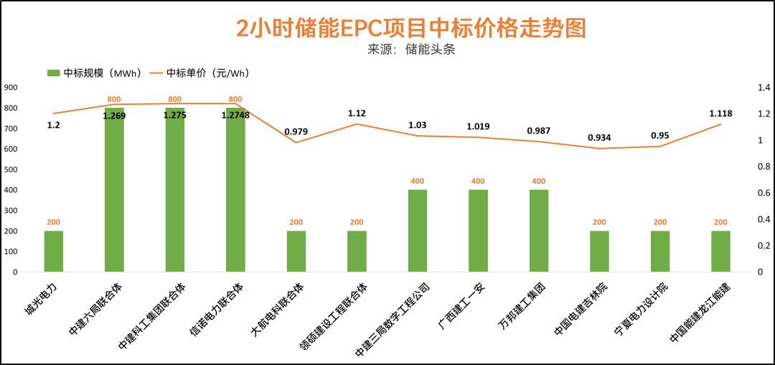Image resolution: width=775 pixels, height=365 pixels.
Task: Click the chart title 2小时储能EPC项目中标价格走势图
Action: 411,28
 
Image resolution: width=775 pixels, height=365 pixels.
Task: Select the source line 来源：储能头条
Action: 411,50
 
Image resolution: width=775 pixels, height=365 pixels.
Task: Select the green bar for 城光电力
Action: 54,251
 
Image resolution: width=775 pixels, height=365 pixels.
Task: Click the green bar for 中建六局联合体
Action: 114,190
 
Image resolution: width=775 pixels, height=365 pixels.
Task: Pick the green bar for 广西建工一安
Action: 478,231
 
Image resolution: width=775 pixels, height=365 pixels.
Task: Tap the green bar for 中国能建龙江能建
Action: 720,251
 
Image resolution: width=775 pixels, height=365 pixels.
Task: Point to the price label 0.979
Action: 296,131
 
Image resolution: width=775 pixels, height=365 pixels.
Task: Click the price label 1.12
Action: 357,114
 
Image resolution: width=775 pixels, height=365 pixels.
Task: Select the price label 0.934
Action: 599,137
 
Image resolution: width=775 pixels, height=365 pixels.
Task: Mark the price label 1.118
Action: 720,114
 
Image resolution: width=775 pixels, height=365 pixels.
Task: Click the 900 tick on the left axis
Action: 11,88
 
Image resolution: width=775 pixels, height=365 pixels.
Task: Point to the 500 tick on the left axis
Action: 11,170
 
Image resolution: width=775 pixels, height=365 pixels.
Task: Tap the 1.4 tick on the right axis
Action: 764,88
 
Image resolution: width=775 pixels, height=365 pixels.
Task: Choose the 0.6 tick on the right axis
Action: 764,193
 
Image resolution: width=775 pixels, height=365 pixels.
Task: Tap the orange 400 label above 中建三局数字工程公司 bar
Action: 417,181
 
